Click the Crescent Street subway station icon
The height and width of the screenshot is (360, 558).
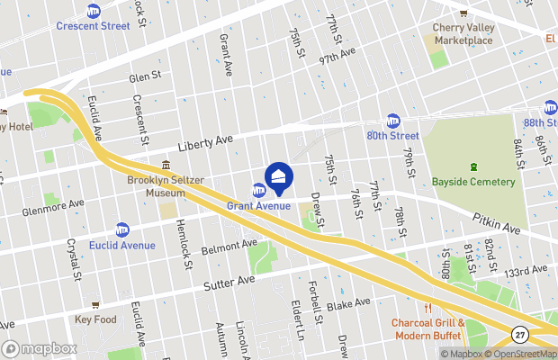94,11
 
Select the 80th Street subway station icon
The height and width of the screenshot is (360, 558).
392,121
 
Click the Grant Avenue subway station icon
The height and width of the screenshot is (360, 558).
258,190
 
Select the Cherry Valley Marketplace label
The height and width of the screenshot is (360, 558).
463,34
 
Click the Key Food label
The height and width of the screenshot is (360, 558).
96,319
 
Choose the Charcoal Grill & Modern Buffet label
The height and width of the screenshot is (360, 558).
427,328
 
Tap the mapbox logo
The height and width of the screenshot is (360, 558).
39,348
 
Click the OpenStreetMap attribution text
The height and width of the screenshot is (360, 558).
524,354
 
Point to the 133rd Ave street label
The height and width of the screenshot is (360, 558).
525,271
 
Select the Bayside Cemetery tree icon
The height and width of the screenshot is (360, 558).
474,167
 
